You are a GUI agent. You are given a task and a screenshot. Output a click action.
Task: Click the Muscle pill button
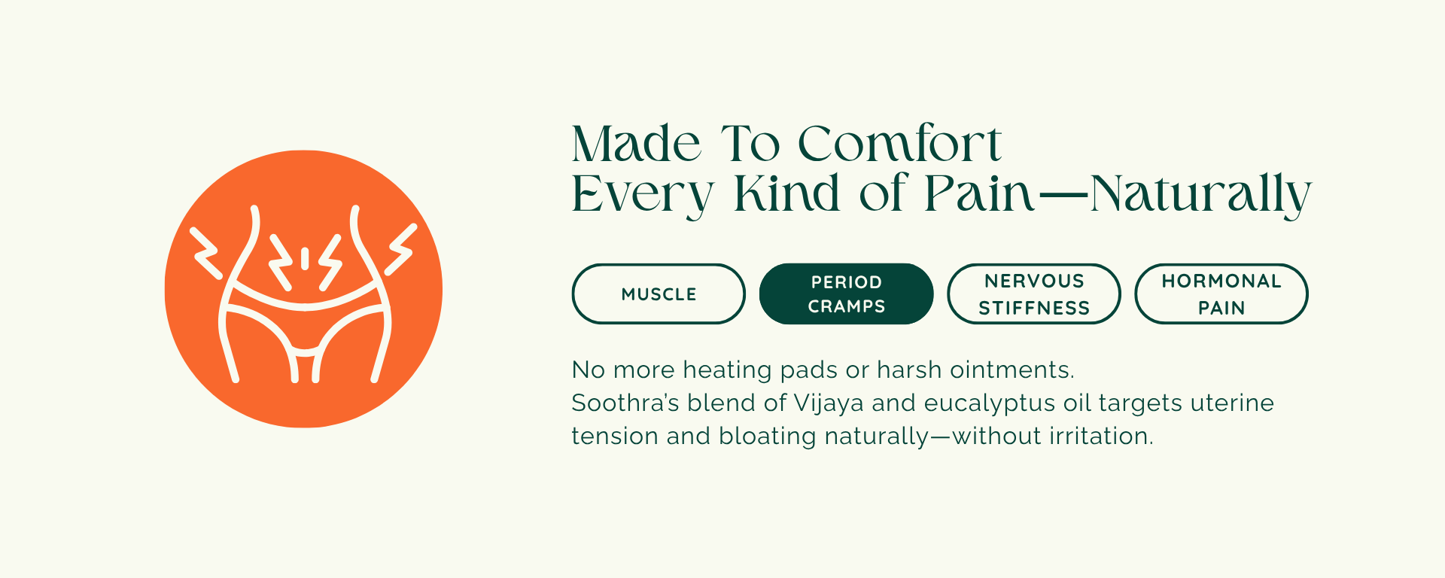(659, 294)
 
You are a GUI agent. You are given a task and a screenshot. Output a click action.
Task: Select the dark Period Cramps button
(847, 294)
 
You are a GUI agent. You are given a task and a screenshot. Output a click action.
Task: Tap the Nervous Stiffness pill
(1034, 294)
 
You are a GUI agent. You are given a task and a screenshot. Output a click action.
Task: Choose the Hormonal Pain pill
(1221, 294)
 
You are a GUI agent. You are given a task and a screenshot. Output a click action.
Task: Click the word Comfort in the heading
(899, 143)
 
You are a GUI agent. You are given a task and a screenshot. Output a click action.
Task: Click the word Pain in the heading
(980, 193)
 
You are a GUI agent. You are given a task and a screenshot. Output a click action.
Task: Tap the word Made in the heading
(637, 143)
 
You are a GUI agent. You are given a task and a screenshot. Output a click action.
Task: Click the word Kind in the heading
(787, 193)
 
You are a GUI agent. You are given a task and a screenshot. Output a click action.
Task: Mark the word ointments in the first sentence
(1012, 370)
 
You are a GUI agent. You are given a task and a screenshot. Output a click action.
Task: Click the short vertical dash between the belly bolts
(305, 258)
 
